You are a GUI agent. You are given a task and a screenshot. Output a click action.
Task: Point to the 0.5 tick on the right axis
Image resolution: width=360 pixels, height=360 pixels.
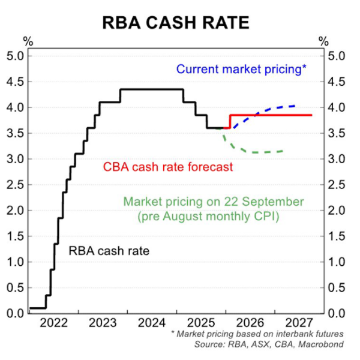click(335, 287)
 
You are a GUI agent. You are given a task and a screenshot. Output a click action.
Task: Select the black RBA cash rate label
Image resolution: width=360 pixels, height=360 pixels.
click(109, 251)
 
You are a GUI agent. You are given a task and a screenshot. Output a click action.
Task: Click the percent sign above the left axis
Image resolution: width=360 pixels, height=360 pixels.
click(28, 41)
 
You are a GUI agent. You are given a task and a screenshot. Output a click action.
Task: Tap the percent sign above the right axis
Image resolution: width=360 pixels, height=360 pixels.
click(324, 41)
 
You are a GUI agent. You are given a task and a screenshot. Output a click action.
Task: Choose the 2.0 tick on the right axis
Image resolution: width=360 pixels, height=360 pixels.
click(335, 211)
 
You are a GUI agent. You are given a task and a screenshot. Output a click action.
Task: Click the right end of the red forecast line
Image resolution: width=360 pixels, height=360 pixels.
click(311, 115)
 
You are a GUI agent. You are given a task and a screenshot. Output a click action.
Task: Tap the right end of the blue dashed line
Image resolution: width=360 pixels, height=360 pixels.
click(295, 106)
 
